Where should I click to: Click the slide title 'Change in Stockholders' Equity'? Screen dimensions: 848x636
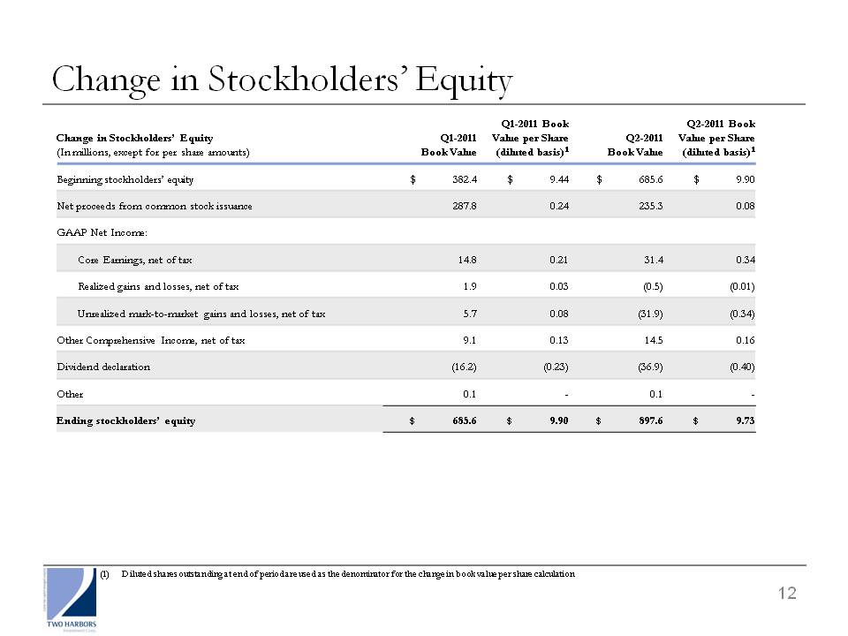pos(282,79)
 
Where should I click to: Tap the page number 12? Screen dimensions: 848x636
pos(787,594)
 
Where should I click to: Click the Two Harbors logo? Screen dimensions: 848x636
pos(72,599)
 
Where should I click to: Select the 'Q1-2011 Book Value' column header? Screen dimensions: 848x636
pos(449,145)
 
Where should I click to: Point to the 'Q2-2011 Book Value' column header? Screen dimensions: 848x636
pos(635,145)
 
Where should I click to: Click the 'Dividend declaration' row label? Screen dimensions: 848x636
pos(103,367)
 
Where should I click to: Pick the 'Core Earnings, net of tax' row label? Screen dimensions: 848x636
pos(134,260)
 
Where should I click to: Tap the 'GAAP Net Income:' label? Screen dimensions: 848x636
pos(102,232)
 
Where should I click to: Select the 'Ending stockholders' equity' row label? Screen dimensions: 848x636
pos(125,420)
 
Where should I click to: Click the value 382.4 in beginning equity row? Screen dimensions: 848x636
pos(465,179)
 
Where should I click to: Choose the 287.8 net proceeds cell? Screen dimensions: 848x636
pos(465,206)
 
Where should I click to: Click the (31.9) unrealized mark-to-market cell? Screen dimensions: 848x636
pos(650,314)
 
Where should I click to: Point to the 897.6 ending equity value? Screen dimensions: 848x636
pos(651,420)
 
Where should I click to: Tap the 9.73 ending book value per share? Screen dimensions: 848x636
pos(746,420)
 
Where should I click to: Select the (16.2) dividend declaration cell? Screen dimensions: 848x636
pos(464,367)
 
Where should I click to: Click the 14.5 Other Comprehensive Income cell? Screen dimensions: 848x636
pos(654,340)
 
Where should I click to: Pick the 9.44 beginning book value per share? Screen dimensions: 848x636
pos(559,179)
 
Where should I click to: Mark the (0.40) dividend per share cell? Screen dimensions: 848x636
pos(742,367)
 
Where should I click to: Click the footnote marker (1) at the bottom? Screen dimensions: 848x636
pos(104,574)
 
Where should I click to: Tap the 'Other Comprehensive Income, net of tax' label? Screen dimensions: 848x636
pos(151,340)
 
